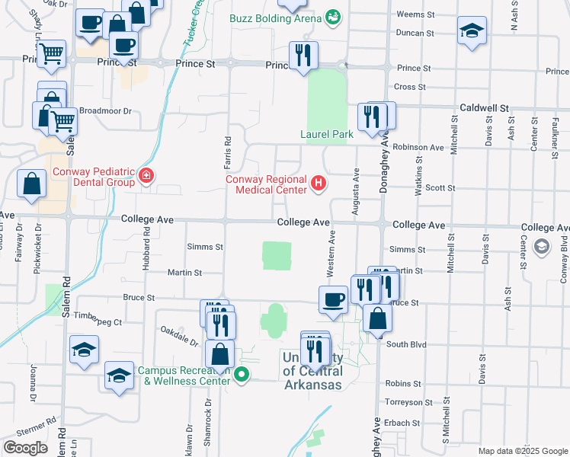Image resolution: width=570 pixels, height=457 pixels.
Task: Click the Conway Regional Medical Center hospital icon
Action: click(x=319, y=183)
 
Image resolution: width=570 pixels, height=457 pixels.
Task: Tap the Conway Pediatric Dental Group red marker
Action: click(x=146, y=177)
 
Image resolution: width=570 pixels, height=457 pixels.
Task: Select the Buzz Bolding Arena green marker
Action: click(x=333, y=16)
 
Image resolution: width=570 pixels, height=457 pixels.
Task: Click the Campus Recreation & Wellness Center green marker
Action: click(x=242, y=374)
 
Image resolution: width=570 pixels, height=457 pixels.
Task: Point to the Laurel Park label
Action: click(x=327, y=134)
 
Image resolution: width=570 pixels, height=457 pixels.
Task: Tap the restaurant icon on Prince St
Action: click(x=303, y=56)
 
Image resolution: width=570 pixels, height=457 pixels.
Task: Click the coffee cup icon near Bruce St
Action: click(x=332, y=299)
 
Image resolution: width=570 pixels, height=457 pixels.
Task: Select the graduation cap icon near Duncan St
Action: click(x=472, y=30)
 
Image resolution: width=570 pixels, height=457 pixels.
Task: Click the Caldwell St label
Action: click(x=483, y=109)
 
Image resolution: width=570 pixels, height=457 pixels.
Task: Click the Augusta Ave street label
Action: click(x=355, y=186)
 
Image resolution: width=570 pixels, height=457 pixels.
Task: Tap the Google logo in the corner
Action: click(x=25, y=448)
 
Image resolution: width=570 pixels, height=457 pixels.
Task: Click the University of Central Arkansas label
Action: click(x=312, y=371)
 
